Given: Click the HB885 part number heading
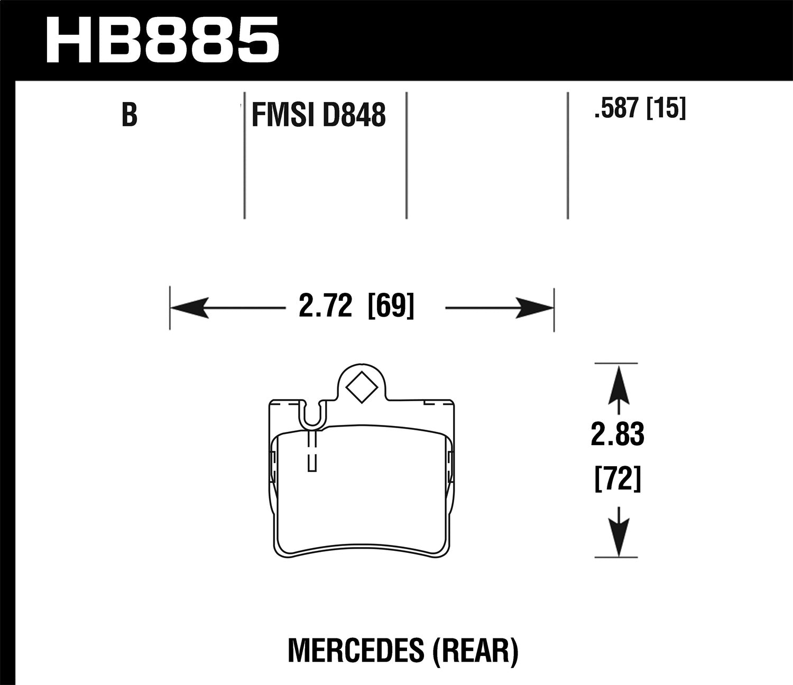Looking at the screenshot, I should [x=162, y=40].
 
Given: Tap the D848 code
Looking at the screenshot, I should [x=353, y=115].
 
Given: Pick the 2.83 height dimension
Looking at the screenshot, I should [x=617, y=434].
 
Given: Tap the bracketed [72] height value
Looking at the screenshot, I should [x=617, y=479].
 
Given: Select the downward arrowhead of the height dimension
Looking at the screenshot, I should [x=618, y=536].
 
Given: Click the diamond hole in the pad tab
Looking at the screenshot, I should [x=362, y=387].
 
